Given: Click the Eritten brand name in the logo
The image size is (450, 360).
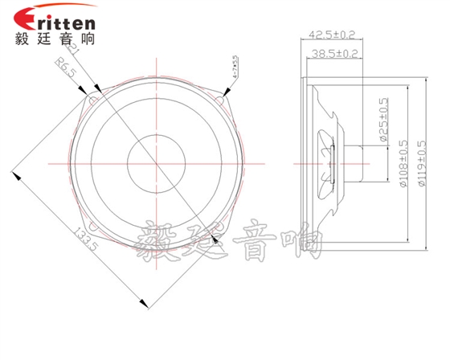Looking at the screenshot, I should (x=55, y=18).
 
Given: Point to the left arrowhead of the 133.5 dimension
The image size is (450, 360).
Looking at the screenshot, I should (x=14, y=171).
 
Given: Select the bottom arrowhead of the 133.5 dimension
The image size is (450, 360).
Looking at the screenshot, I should (x=145, y=304).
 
